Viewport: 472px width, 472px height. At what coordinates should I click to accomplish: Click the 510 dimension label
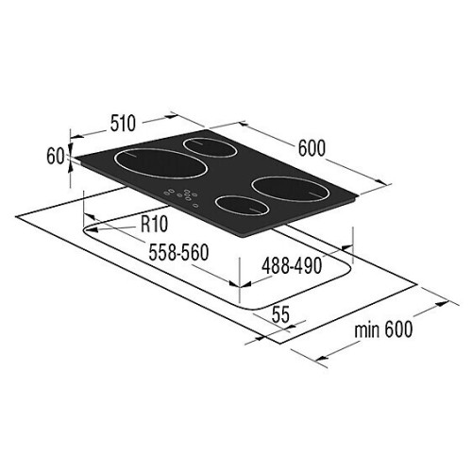coord(123,124)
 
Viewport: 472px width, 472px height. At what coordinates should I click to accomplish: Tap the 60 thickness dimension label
coord(56,156)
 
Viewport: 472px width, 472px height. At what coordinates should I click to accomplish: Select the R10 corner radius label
coord(154,224)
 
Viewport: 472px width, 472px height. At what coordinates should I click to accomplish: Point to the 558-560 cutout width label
coord(178,252)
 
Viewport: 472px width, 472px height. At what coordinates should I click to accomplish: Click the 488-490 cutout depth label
coord(292,265)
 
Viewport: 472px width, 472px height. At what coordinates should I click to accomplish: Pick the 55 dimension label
coord(280,314)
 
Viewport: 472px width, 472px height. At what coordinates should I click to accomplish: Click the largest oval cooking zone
coord(160,163)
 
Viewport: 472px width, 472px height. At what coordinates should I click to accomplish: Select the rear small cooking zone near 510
coord(211,147)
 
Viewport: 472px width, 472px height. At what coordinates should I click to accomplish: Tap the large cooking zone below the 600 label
coord(292,189)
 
